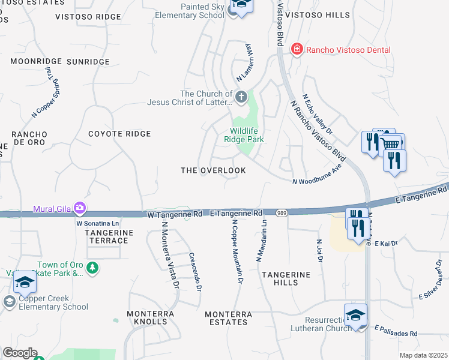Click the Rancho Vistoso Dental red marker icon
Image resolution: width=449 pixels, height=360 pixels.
(x=297, y=50)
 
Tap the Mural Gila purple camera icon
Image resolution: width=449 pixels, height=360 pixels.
(x=80, y=209)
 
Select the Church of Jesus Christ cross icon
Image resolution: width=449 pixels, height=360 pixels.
(x=241, y=97)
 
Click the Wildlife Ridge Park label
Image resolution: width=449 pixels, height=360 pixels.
(x=247, y=135)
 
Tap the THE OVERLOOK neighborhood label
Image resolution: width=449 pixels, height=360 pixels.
(x=214, y=170)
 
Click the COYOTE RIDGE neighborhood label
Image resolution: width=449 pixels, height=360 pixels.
(x=119, y=134)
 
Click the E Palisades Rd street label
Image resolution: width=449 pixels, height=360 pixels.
(x=396, y=331)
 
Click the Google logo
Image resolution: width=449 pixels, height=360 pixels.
(x=20, y=353)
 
